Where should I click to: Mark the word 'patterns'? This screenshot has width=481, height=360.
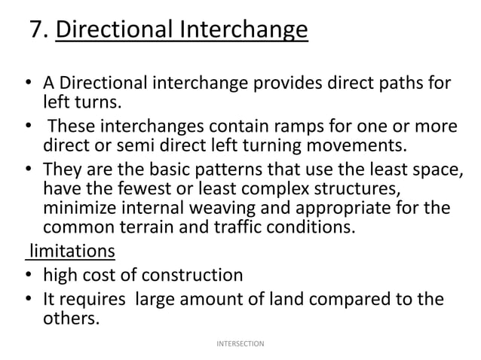[217, 169]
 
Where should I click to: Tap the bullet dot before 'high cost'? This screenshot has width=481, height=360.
[26, 275]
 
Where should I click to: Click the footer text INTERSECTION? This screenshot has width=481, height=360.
[240, 343]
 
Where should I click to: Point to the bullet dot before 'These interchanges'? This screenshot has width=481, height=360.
[26, 126]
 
